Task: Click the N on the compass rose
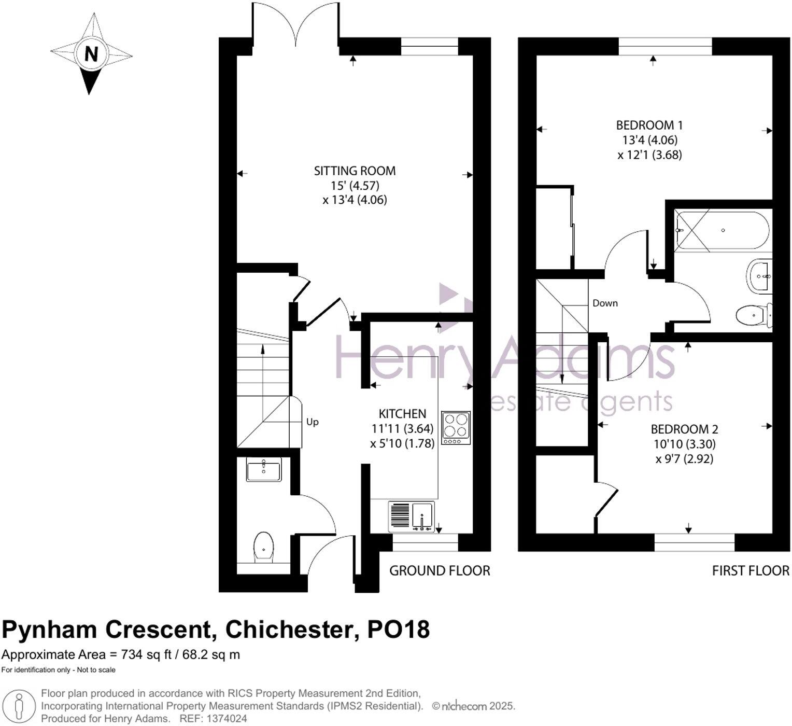point(91,53)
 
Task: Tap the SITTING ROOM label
point(355,171)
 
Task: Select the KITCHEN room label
point(402,414)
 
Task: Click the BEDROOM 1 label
point(649,125)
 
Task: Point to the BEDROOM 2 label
point(684,429)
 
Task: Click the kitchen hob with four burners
point(456,428)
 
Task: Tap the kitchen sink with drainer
point(412,516)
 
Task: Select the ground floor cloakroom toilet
point(264,547)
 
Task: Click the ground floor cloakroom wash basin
point(264,470)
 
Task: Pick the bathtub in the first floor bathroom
point(722,230)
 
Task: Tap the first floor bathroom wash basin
point(760,275)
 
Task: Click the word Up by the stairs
point(312,422)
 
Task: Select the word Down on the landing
point(605,303)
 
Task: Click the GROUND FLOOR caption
point(440,571)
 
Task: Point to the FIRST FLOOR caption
point(750,571)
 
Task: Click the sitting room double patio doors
point(296,23)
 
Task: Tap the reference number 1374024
point(225,719)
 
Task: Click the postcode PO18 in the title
point(398,630)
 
